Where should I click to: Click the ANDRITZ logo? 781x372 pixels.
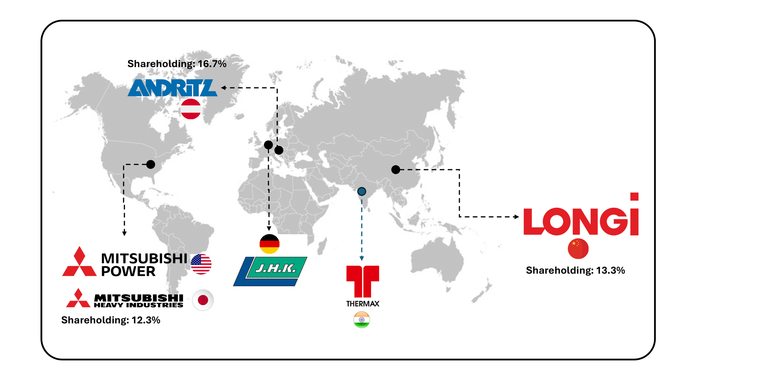[x=172, y=88]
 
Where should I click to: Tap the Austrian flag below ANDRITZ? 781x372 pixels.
[x=191, y=109]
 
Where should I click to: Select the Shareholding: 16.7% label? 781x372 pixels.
[x=177, y=64]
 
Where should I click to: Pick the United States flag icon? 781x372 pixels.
[x=201, y=264]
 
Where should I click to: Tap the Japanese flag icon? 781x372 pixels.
[x=203, y=300]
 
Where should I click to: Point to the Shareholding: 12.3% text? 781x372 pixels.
[x=110, y=320]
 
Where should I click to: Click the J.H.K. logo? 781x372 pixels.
[x=270, y=271]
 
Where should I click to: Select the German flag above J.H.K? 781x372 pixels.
[x=269, y=244]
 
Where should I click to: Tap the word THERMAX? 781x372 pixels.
[x=363, y=304]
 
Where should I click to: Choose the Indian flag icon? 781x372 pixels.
[x=361, y=320]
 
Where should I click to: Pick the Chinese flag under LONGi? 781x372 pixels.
[x=578, y=248]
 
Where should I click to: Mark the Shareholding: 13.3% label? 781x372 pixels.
[x=575, y=270]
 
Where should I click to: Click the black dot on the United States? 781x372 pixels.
[x=151, y=164]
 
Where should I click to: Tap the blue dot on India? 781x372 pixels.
[x=361, y=192]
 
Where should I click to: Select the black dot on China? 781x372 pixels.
[x=396, y=170]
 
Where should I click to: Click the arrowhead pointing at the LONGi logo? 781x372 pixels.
[x=516, y=217]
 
